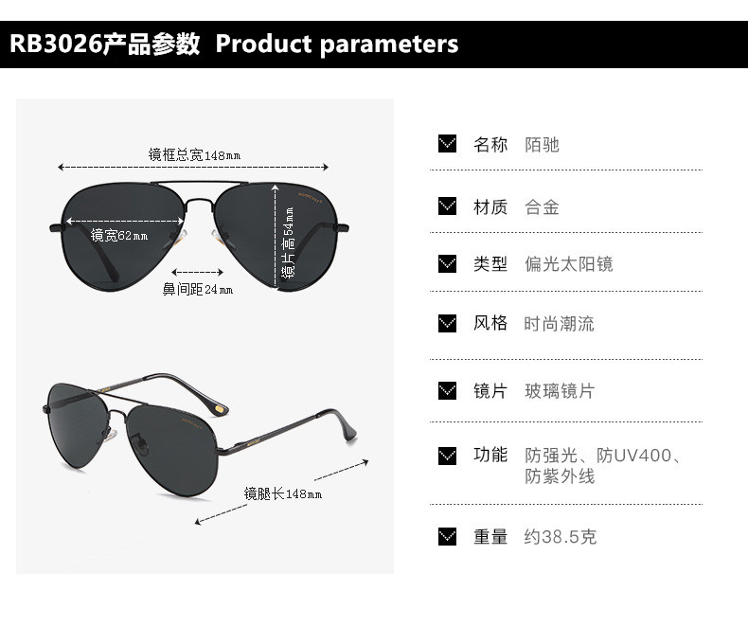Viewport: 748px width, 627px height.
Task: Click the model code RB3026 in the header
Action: pos(54,45)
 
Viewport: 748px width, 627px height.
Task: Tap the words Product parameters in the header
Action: pos(337,45)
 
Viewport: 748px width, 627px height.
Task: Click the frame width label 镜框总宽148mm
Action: pos(194,154)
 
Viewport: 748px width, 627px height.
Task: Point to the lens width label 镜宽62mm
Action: pos(119,236)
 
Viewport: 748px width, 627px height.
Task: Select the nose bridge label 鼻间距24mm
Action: pos(198,289)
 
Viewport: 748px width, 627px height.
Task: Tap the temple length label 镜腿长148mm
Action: pos(283,493)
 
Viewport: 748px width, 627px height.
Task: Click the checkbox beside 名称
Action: pos(448,144)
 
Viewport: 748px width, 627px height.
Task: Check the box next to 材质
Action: pos(448,206)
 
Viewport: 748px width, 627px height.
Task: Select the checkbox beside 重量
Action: pos(448,537)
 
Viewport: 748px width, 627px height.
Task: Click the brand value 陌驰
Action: pos(543,144)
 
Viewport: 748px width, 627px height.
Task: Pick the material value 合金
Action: pos(543,206)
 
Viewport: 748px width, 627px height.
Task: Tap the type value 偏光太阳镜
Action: pos(569,263)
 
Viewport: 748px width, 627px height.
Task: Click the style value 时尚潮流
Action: pos(560,323)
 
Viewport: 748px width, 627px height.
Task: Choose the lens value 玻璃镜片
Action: pos(560,390)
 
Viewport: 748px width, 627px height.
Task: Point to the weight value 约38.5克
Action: pos(561,537)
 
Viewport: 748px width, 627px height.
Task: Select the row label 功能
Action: pos(490,455)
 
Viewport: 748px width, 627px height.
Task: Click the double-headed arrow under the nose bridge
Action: pos(198,271)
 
